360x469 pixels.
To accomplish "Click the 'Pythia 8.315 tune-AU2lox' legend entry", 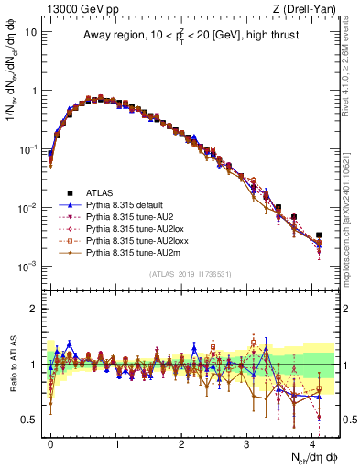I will pos(137,228).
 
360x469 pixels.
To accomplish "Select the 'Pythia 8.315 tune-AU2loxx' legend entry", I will pos(139,240).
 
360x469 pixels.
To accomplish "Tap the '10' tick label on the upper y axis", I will pos(30,32).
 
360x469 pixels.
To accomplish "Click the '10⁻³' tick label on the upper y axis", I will pos(27,266).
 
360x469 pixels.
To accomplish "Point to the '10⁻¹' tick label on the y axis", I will pos(27,148).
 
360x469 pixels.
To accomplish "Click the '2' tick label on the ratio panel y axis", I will pos(33,309).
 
